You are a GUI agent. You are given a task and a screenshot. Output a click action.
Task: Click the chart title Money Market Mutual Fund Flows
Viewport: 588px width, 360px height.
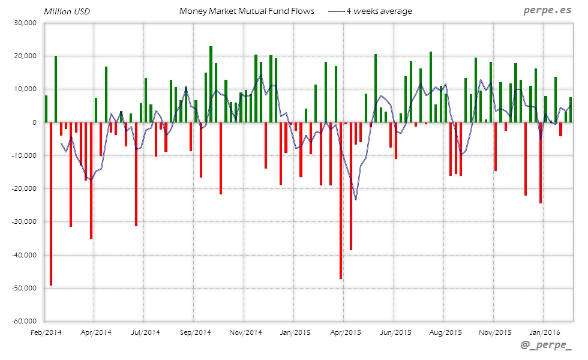click(247, 11)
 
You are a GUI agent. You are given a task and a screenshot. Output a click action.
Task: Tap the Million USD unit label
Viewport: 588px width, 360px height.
click(66, 11)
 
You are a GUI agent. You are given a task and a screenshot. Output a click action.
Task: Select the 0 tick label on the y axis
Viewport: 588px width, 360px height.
click(34, 122)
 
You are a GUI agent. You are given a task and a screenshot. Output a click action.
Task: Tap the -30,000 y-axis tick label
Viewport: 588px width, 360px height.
click(23, 221)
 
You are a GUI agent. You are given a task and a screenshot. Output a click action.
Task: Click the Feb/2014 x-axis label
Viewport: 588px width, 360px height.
click(45, 332)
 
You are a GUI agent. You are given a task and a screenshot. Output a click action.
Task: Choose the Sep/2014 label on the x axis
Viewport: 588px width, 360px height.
click(194, 332)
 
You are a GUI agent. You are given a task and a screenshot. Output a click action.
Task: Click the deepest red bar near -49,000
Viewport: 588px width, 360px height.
click(51, 204)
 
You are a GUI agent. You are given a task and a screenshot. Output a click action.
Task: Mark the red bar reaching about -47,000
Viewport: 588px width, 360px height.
click(341, 200)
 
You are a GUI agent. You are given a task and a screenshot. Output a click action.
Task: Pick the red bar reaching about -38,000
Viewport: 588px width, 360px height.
click(351, 186)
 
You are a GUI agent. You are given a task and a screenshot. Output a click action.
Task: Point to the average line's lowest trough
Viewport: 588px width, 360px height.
click(356, 199)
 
